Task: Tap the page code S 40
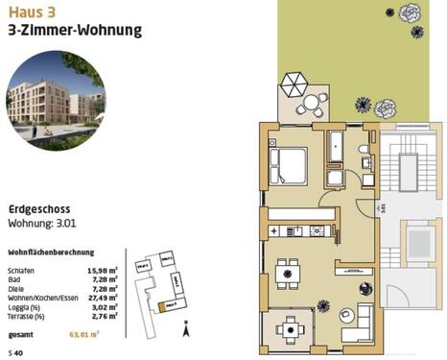(x=15, y=353)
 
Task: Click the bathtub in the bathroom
(x=335, y=147)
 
